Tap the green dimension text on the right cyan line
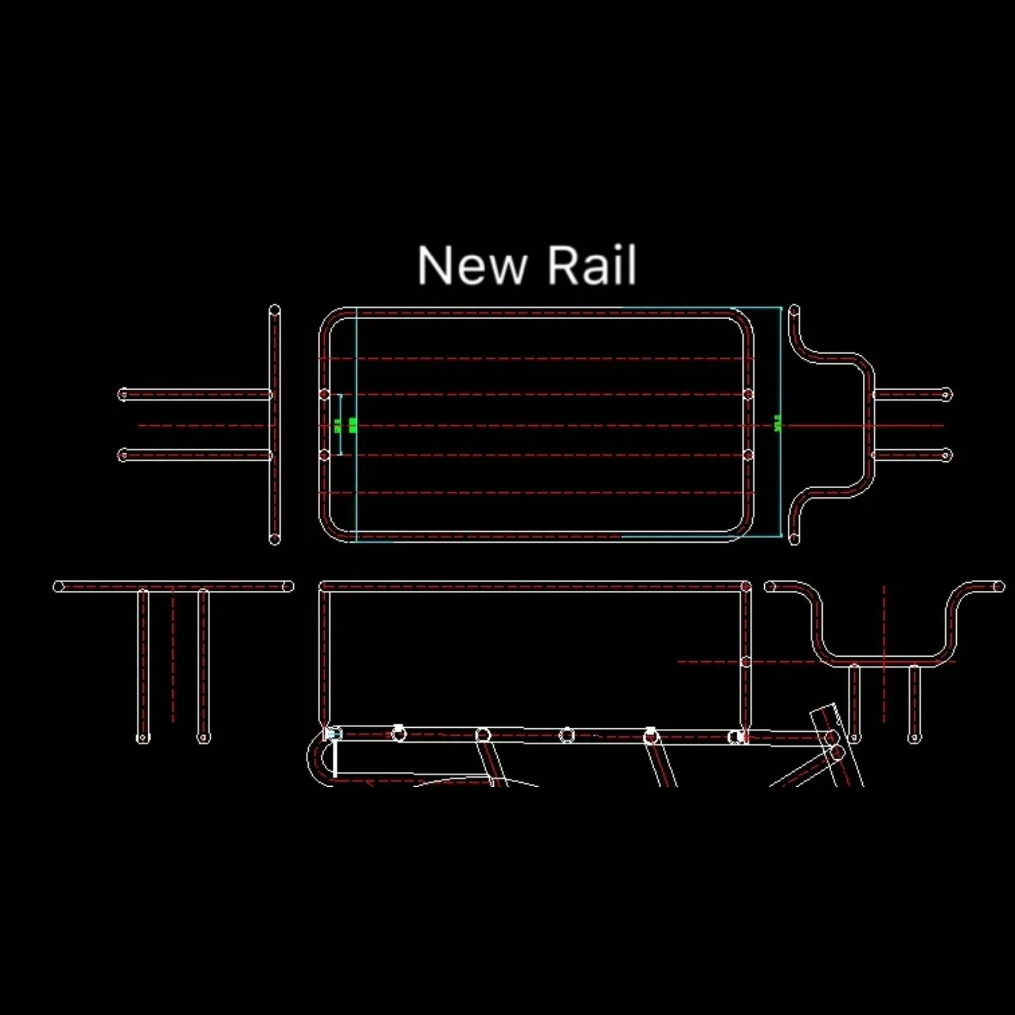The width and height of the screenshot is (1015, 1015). click(x=777, y=423)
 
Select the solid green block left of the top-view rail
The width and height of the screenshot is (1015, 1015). click(x=353, y=425)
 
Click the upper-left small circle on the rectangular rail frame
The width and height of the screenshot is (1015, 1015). click(x=324, y=394)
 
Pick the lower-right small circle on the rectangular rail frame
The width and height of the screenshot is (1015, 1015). click(x=748, y=455)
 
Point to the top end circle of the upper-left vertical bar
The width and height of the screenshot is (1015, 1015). click(x=274, y=311)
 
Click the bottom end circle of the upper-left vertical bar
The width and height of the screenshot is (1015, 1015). click(x=274, y=538)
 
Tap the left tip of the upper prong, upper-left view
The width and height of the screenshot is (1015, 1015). click(x=123, y=394)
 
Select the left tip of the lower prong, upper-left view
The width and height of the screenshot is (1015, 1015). click(x=123, y=455)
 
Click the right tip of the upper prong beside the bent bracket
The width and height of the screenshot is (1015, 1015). click(x=945, y=394)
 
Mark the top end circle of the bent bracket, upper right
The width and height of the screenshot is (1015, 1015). click(x=794, y=311)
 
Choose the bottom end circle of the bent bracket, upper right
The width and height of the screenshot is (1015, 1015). click(x=794, y=538)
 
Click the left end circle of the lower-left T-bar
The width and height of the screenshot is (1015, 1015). click(x=58, y=586)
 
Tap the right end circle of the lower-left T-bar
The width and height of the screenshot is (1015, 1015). click(x=288, y=586)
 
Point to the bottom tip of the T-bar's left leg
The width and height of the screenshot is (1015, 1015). click(x=143, y=738)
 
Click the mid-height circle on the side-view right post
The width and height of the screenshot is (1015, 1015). click(x=746, y=662)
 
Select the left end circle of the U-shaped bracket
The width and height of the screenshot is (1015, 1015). click(x=770, y=586)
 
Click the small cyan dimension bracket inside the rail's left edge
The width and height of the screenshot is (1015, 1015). click(x=340, y=424)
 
